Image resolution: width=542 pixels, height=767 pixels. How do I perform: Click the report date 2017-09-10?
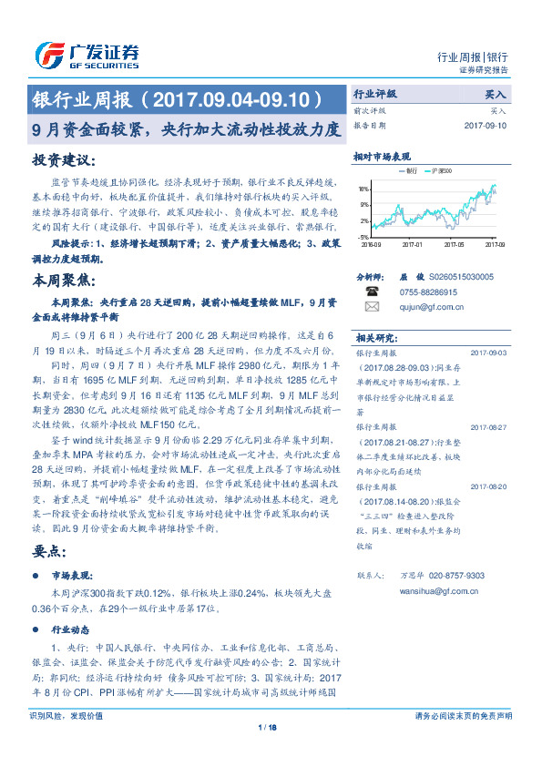[x=485, y=125]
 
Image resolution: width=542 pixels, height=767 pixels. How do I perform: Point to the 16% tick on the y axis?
[x=363, y=189]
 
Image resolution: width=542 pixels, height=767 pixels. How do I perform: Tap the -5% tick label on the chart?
[x=363, y=237]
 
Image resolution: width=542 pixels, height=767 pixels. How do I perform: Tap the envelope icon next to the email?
[x=372, y=307]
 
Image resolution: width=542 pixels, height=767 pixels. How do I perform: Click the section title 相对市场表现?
[x=382, y=156]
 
